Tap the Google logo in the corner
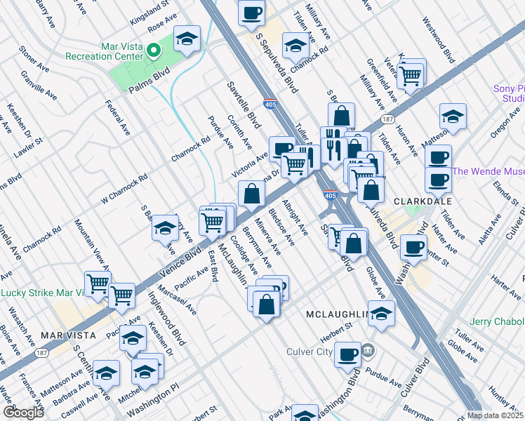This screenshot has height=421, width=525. [22, 413]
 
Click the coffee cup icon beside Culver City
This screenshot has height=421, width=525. [347, 354]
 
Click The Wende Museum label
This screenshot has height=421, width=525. [489, 171]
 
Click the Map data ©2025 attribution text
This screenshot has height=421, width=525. [495, 415]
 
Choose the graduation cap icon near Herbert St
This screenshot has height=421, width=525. [381, 314]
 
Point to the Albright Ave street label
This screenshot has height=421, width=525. [294, 218]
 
